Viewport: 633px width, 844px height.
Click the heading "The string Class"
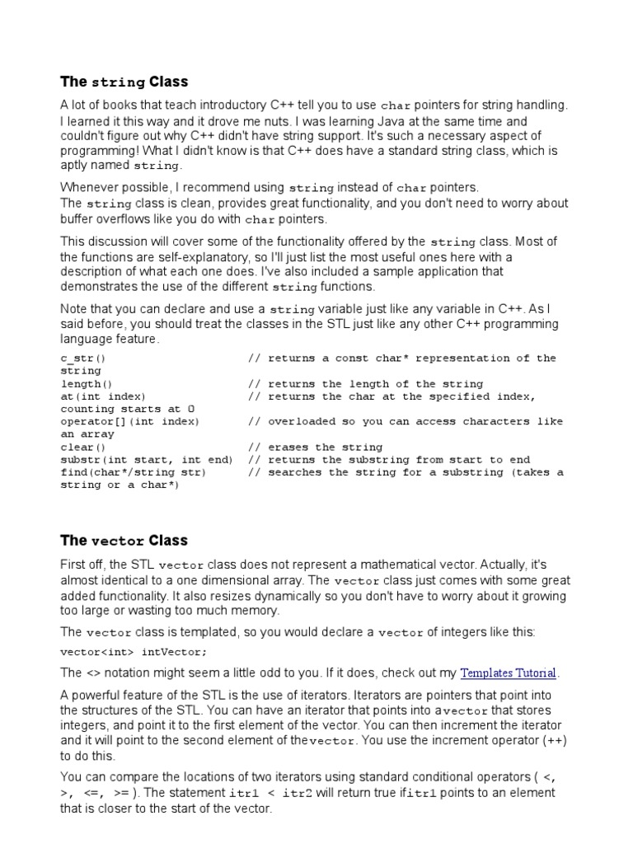point(124,82)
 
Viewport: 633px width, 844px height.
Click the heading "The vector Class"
point(124,541)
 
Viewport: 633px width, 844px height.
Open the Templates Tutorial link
point(509,673)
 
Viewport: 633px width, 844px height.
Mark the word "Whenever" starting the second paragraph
point(90,187)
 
